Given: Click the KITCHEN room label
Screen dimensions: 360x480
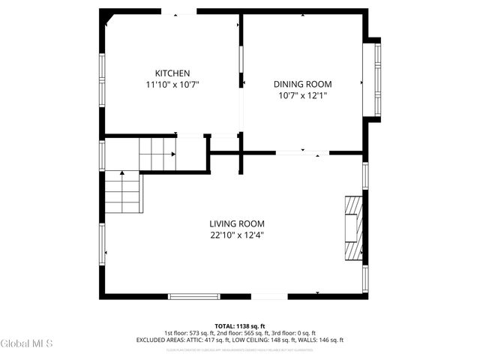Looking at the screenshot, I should click(172, 73).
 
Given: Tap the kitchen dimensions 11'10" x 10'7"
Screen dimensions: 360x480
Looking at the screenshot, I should click(172, 85).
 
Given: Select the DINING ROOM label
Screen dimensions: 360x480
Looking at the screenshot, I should click(302, 84).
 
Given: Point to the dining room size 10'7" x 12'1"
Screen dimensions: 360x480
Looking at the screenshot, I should click(302, 96).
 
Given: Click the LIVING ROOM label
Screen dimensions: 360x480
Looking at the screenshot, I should click(236, 223).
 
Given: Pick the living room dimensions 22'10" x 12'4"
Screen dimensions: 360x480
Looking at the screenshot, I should click(236, 235).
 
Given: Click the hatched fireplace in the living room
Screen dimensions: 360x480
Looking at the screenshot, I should click(354, 228).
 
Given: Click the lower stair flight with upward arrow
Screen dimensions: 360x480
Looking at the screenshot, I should click(122, 192).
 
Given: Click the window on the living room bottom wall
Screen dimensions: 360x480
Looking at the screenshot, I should click(193, 296).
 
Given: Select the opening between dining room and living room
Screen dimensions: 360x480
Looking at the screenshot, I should click(302, 153).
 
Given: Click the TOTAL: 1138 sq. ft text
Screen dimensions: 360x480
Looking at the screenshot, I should click(240, 325).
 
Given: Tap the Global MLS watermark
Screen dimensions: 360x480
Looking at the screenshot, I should click(27, 343).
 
